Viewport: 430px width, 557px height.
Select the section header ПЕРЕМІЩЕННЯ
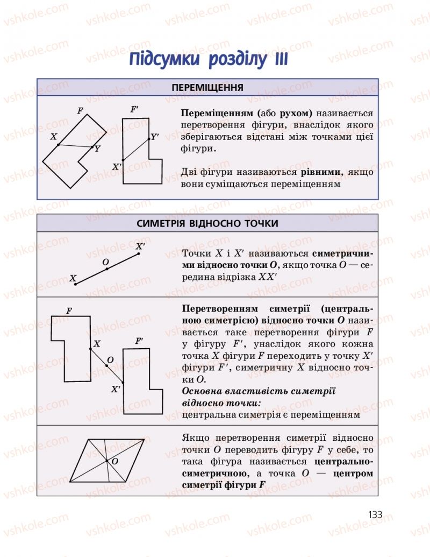(x=207, y=87)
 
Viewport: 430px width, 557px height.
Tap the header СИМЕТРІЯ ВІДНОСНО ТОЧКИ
(x=207, y=223)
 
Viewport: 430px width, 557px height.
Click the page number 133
(x=375, y=514)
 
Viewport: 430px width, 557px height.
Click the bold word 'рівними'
(x=321, y=172)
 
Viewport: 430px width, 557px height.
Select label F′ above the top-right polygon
(x=134, y=109)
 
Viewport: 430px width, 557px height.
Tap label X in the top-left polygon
(x=54, y=137)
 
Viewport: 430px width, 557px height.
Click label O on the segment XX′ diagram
(x=105, y=262)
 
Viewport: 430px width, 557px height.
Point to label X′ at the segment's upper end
(x=140, y=246)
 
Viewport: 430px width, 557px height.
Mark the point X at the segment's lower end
(x=75, y=284)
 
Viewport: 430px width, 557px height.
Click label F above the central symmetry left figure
(x=69, y=311)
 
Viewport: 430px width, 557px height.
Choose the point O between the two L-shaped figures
(x=107, y=365)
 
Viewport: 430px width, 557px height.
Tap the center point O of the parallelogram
(x=108, y=461)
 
